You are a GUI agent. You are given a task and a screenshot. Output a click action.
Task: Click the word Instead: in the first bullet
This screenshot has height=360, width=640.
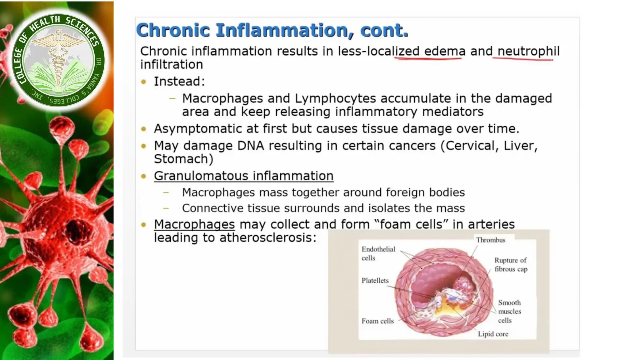pos(179,82)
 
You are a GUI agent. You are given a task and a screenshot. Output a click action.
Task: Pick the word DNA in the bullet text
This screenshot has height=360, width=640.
pos(251,146)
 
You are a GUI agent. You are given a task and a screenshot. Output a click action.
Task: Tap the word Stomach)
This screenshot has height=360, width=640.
pos(183,159)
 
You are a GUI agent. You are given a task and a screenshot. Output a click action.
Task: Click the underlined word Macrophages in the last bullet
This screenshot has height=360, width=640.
pos(194,224)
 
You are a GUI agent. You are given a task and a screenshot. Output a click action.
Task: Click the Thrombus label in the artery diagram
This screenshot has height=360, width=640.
pos(491,240)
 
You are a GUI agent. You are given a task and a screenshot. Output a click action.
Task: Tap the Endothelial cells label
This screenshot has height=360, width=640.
pos(378,253)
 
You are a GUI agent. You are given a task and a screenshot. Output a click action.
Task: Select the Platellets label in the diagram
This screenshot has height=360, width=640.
pos(375,281)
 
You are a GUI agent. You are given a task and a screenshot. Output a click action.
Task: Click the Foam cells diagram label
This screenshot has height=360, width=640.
pos(377,321)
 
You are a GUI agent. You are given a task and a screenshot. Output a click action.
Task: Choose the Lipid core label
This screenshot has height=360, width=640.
pos(493,334)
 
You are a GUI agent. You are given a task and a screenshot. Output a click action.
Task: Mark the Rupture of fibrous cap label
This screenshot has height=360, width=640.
pos(511,265)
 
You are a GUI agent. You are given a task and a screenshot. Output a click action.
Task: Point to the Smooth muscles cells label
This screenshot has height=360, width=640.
pos(509,312)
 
